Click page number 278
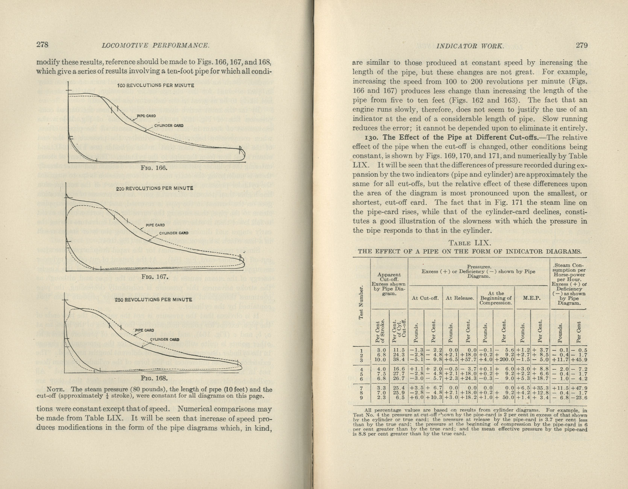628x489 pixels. pos(42,45)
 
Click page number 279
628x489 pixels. pos(581,46)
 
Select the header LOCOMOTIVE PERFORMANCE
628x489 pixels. pos(155,46)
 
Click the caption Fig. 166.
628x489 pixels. pos(153,168)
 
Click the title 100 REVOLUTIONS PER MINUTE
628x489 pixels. pos(156,86)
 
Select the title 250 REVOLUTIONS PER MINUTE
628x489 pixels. pos(153,299)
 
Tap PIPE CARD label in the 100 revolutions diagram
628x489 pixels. pos(146,116)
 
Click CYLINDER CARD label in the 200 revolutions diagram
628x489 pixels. pos(173,233)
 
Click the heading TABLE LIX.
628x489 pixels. pos(469,243)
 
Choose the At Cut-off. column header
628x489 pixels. pos(425,298)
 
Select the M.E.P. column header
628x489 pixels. pos(531,298)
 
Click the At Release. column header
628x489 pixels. pos(460,298)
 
